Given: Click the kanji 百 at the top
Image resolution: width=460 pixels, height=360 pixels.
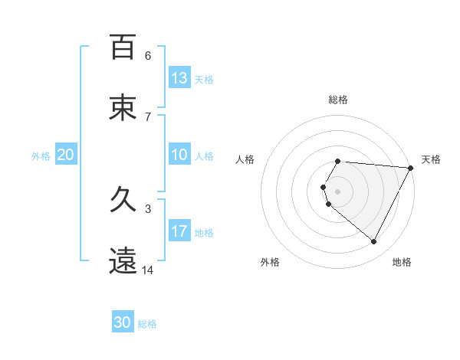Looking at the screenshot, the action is (123, 47).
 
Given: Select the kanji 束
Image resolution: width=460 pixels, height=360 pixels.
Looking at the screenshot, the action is (123, 108).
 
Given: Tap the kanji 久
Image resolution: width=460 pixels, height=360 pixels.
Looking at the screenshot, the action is (123, 200).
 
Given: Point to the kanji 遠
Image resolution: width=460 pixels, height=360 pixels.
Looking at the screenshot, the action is (123, 261).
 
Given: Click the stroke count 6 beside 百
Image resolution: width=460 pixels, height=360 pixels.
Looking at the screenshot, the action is (147, 56).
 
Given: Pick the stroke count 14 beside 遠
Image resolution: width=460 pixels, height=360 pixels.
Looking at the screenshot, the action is (148, 270).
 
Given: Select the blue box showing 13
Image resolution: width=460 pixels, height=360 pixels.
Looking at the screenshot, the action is (179, 78).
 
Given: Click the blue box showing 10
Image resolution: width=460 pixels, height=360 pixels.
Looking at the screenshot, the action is (179, 155).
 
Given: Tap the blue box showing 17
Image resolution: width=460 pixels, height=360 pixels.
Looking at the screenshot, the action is (179, 231).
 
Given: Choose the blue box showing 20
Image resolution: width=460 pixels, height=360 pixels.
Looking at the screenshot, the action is (66, 155).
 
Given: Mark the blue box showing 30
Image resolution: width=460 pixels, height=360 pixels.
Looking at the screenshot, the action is (123, 322).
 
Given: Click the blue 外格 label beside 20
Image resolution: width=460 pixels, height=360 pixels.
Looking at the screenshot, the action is (41, 155).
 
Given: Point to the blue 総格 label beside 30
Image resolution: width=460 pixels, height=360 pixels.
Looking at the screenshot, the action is (147, 324).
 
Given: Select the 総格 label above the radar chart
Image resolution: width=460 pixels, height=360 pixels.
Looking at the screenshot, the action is (338, 100).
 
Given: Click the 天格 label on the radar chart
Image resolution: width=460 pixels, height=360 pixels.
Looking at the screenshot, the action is (431, 159).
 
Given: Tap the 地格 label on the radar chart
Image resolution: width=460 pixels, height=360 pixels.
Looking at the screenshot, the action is (402, 262).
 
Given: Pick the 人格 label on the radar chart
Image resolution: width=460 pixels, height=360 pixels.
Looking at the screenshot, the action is (245, 159).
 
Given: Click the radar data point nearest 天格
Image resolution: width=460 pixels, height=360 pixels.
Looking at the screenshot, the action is (411, 168).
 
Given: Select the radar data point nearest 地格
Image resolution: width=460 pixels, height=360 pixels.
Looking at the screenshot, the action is (374, 242).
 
